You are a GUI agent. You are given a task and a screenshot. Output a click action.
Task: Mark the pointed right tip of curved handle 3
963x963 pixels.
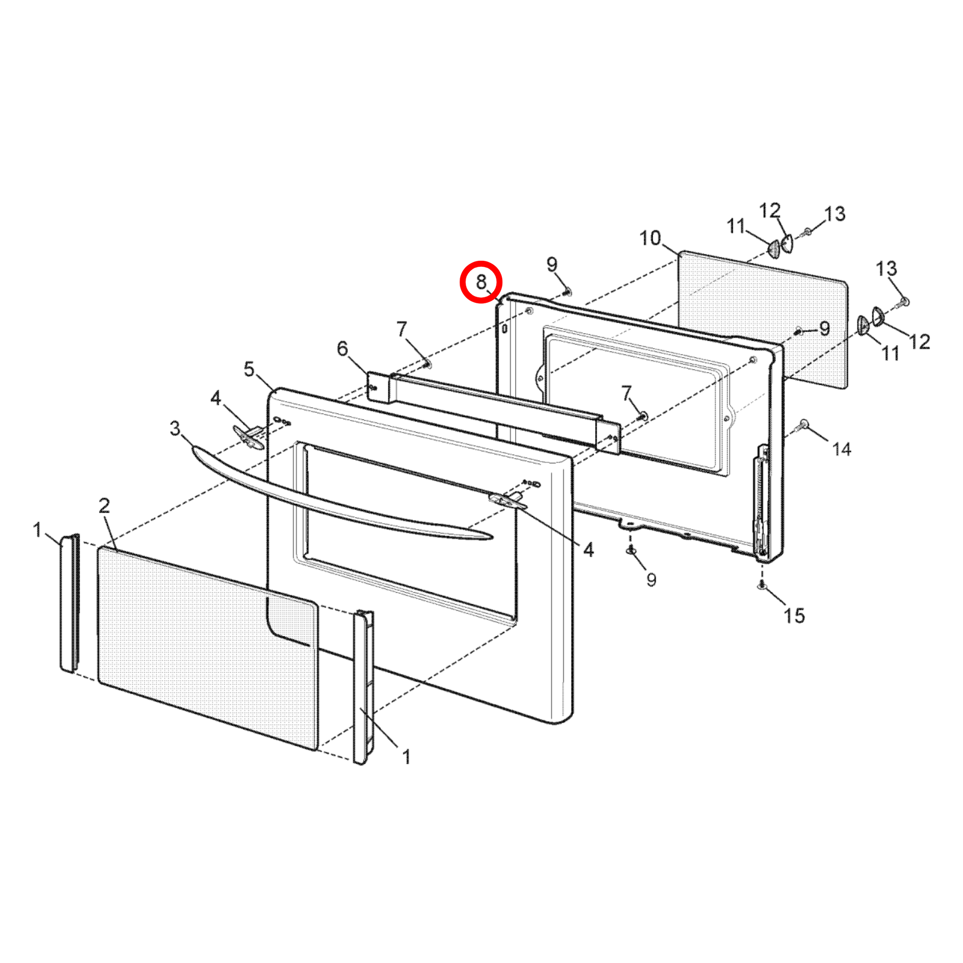(492, 537)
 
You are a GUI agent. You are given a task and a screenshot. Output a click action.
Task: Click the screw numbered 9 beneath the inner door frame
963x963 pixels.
(630, 550)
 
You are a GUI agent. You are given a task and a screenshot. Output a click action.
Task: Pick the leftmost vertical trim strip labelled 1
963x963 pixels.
(70, 603)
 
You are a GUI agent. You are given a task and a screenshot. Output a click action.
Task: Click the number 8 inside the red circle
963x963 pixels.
(481, 282)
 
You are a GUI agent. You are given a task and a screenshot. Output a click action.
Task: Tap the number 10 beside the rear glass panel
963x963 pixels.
(650, 238)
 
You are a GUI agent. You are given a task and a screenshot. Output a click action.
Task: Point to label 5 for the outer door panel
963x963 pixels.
(249, 369)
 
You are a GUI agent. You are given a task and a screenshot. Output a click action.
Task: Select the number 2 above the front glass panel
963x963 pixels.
(104, 505)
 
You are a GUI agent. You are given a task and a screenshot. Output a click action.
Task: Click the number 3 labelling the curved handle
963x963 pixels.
(175, 428)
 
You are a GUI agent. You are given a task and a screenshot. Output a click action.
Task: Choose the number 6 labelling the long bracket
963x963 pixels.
(342, 348)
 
